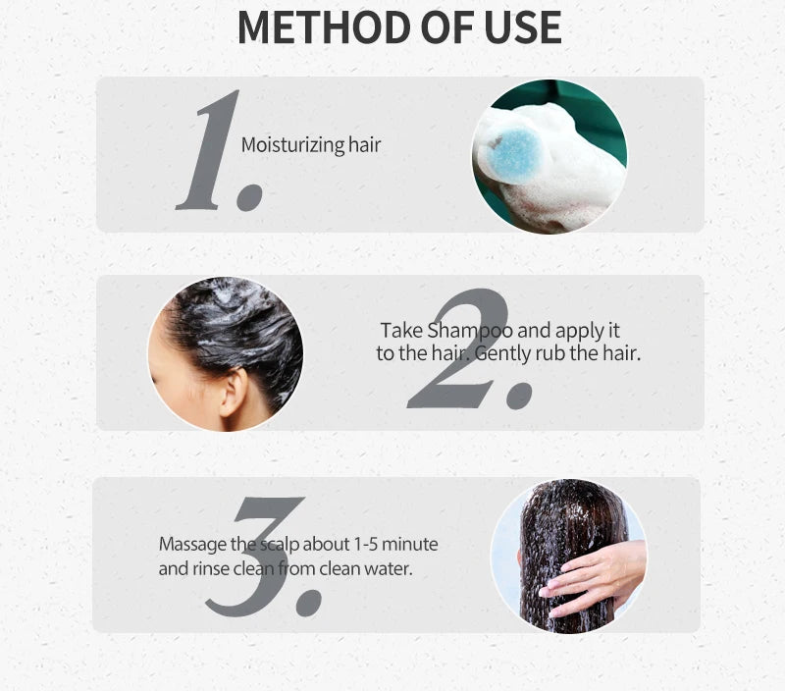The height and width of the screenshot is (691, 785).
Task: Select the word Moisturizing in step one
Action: click(x=292, y=145)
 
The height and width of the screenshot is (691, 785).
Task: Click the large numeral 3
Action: click(x=254, y=556)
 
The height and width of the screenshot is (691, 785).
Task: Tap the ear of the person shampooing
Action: click(x=234, y=392)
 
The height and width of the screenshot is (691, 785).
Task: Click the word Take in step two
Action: click(x=402, y=331)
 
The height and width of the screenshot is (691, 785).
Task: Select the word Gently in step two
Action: click(x=502, y=354)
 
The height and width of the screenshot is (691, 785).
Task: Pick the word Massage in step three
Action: click(x=192, y=545)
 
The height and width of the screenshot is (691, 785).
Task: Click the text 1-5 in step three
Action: click(x=365, y=544)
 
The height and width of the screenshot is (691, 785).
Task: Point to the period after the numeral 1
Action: click(x=250, y=197)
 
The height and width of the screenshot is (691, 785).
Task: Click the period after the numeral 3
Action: click(x=309, y=603)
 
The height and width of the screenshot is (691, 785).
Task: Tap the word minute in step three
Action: click(x=410, y=544)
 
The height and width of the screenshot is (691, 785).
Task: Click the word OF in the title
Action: click(x=447, y=27)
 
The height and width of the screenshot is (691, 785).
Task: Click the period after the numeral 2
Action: click(x=519, y=396)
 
